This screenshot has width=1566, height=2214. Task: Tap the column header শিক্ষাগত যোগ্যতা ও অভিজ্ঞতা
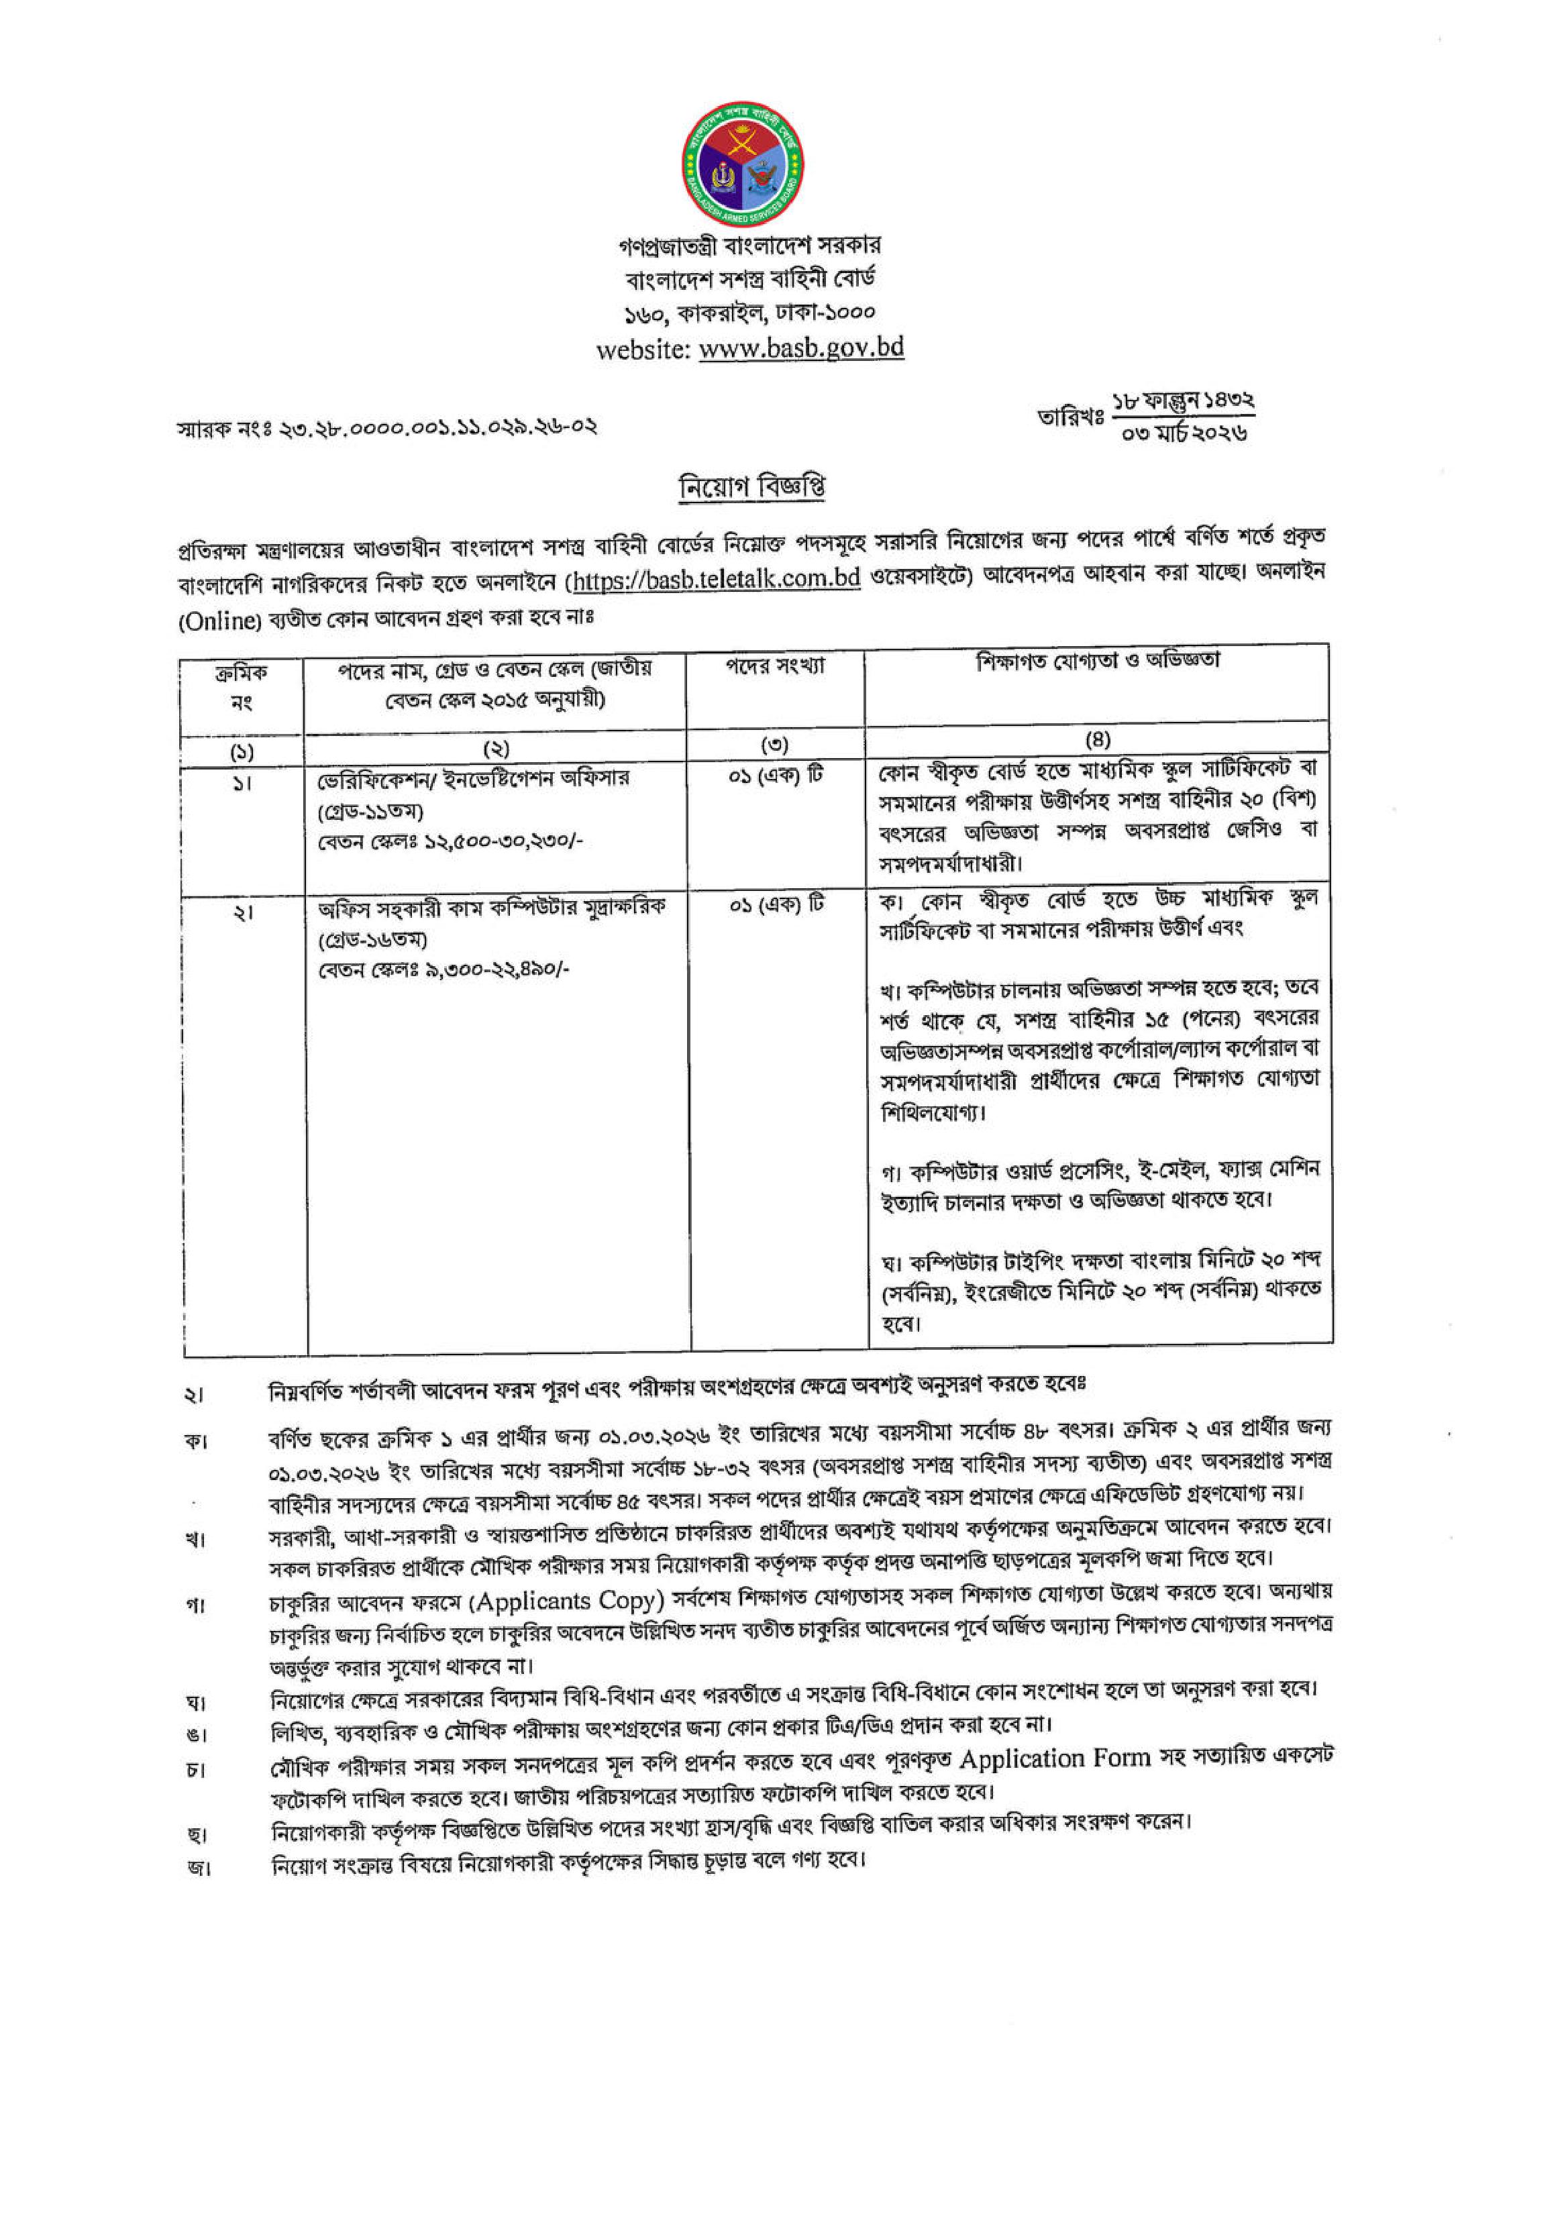pos(1098,662)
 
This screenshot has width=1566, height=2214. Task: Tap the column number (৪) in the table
pos(1098,741)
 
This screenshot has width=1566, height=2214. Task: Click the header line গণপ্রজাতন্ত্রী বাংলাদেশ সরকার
pos(749,246)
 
